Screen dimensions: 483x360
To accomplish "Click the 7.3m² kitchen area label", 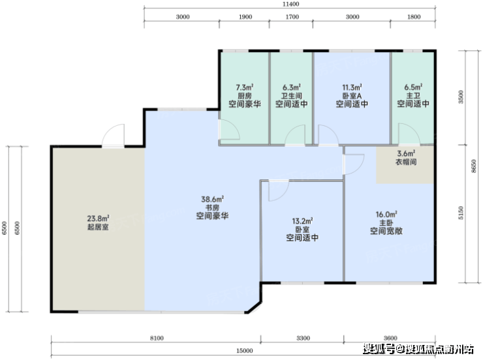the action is tap(245, 87).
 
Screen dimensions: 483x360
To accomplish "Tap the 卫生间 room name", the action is tap(291, 96).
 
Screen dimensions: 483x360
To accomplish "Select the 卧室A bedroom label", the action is tap(352, 96).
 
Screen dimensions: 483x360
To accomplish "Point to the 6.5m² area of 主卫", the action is tap(413, 87).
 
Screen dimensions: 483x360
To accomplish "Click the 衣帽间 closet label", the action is tap(406, 162).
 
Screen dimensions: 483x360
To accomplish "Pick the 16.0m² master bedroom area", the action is tap(386, 214).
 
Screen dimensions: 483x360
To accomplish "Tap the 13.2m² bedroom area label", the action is tap(302, 221).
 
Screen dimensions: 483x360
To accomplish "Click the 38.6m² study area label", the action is tap(213, 200).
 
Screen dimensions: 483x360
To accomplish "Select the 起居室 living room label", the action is tap(98, 227).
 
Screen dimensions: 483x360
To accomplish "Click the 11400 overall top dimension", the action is tap(291, 4).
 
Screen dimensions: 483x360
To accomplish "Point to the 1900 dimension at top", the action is tap(245, 17).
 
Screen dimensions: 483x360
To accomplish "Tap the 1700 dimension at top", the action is tap(292, 17).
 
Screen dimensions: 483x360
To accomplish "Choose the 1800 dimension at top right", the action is tap(414, 17).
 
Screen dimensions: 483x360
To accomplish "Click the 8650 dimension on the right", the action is tap(474, 166).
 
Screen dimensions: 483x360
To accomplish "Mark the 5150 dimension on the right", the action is tap(461, 213).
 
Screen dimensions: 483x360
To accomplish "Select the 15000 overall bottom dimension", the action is tap(245, 351).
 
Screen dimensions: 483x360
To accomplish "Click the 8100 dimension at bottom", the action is tap(157, 338).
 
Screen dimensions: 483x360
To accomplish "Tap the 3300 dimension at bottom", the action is tap(303, 338).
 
